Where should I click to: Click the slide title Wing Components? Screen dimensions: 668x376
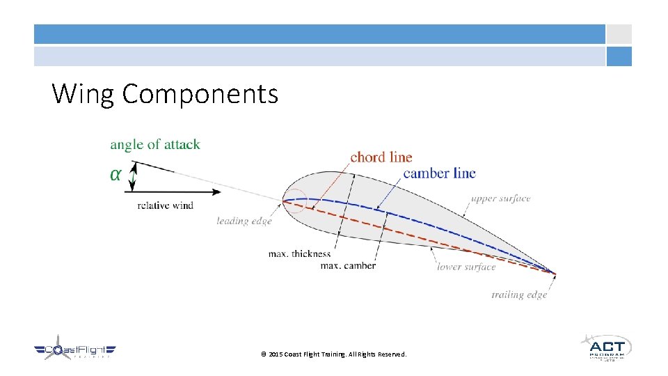(x=165, y=93)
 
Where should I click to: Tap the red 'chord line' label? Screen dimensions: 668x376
(x=381, y=157)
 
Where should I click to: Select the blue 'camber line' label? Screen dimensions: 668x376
(x=439, y=173)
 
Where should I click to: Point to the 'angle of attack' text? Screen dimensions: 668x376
(x=154, y=145)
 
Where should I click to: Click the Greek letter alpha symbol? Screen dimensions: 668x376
(x=116, y=174)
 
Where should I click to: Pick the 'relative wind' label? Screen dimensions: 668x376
(x=166, y=205)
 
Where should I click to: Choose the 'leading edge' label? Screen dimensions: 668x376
(x=244, y=221)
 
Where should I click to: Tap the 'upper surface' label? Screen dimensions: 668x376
(x=500, y=199)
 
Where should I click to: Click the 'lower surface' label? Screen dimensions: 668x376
(x=466, y=267)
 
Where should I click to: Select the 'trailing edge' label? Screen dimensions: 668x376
(x=519, y=295)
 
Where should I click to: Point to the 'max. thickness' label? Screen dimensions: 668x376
(x=299, y=254)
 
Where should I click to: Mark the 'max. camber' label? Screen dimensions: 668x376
(x=347, y=265)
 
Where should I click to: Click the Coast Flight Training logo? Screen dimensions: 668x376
(x=75, y=350)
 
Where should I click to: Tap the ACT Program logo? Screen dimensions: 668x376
(x=606, y=347)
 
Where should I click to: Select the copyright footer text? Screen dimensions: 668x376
(x=333, y=354)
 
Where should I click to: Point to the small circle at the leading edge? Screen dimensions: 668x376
(x=293, y=201)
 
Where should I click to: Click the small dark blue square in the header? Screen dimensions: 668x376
(x=619, y=56)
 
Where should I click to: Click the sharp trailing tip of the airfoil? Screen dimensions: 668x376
(x=555, y=274)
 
